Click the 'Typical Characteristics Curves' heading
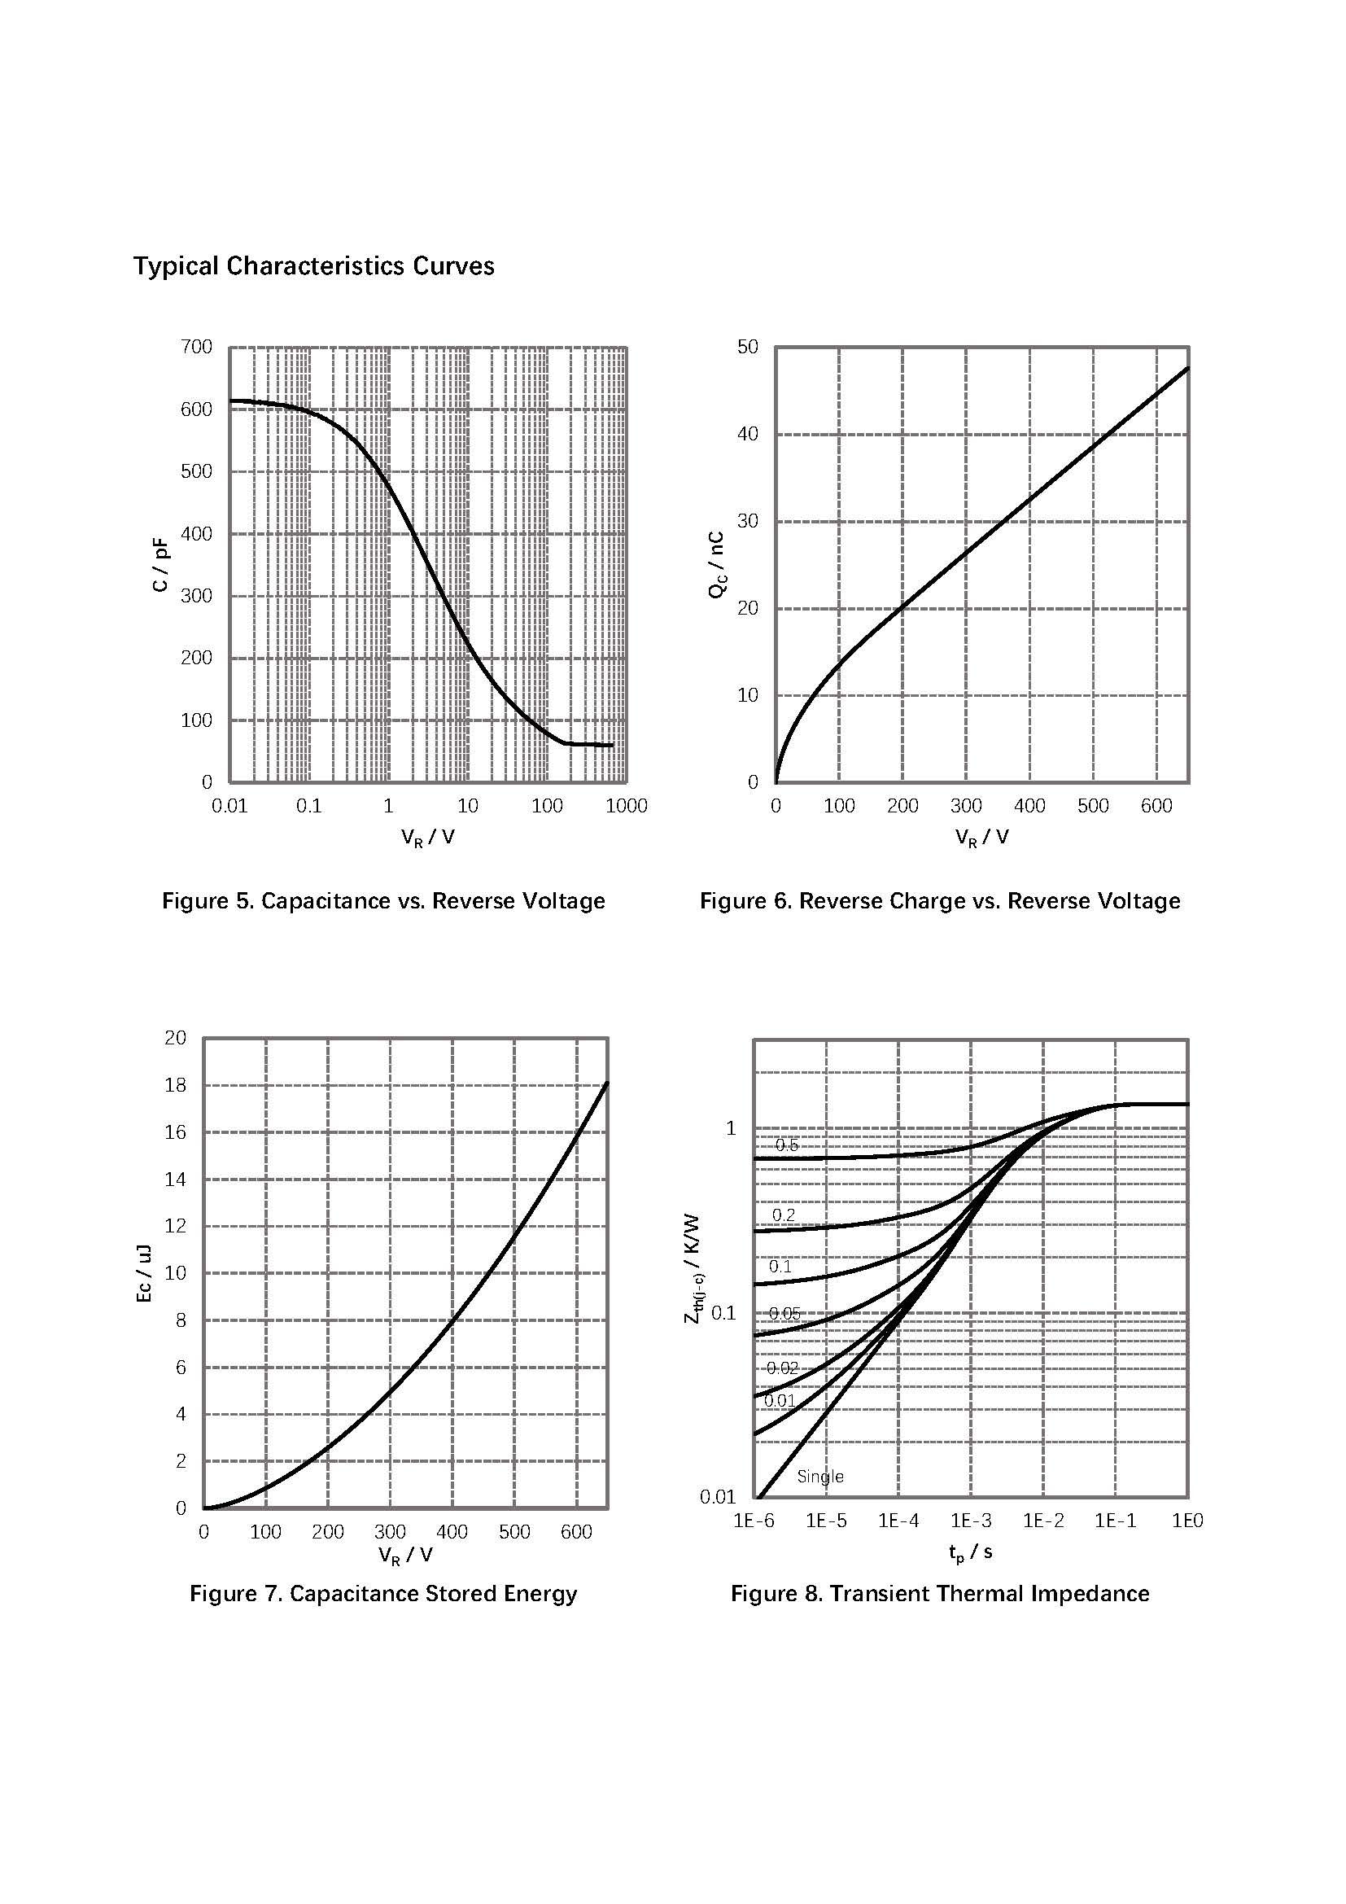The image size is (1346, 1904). [313, 266]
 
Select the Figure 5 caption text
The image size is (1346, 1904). [383, 901]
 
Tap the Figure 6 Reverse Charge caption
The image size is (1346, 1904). [940, 901]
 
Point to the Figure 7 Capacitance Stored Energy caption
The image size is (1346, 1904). [383, 1594]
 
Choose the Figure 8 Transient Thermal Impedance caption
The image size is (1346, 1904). [940, 1594]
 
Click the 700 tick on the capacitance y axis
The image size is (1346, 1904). [196, 347]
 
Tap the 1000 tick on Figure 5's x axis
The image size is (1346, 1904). [627, 806]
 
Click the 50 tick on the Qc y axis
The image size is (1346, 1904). [748, 347]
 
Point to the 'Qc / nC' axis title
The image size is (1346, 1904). [717, 565]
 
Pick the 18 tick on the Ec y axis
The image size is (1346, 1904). [176, 1084]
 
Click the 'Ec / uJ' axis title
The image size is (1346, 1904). [144, 1273]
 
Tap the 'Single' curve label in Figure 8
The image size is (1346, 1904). [819, 1477]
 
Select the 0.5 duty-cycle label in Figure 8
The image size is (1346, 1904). [787, 1145]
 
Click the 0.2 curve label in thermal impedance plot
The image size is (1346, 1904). [783, 1215]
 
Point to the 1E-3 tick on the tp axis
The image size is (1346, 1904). [971, 1521]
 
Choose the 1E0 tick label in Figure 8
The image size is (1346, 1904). [1186, 1521]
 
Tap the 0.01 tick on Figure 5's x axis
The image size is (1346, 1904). [229, 806]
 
